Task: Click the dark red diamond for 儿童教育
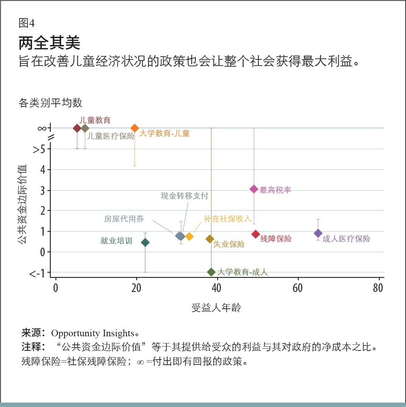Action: [77, 128]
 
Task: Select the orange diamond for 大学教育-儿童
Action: [135, 128]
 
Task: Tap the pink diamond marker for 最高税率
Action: [254, 189]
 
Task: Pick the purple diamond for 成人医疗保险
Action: [318, 233]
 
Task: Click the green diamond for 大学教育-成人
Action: [211, 272]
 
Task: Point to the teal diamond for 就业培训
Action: [145, 242]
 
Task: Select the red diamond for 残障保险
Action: [256, 234]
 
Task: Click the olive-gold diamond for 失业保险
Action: [210, 239]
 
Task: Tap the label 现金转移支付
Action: [184, 196]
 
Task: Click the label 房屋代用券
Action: [124, 219]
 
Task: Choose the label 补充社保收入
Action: [227, 219]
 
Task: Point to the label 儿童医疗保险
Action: [111, 136]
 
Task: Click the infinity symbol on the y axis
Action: [42, 128]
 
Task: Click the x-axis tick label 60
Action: [297, 288]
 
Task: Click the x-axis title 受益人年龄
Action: [216, 308]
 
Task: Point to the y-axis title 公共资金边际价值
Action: [22, 204]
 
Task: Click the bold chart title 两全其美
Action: [49, 43]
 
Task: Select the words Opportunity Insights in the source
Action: [92, 333]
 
